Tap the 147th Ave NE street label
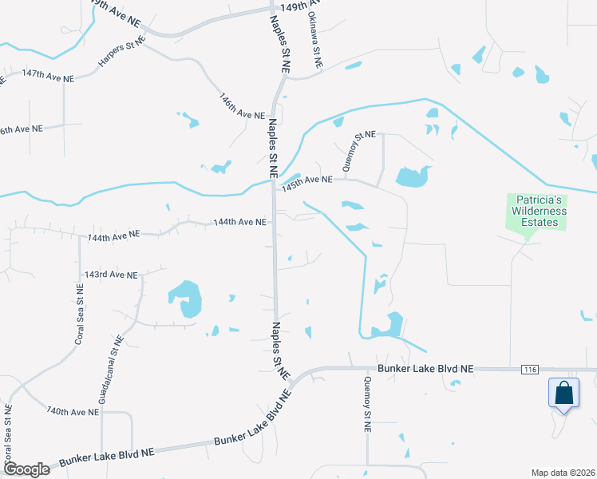tap(48, 73)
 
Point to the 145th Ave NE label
tap(306, 180)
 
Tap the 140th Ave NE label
tap(72, 411)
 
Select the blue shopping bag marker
tap(563, 394)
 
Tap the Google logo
tap(26, 469)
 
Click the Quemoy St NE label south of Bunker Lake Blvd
tap(368, 405)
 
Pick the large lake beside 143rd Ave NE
tap(186, 298)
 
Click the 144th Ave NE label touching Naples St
tap(239, 222)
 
